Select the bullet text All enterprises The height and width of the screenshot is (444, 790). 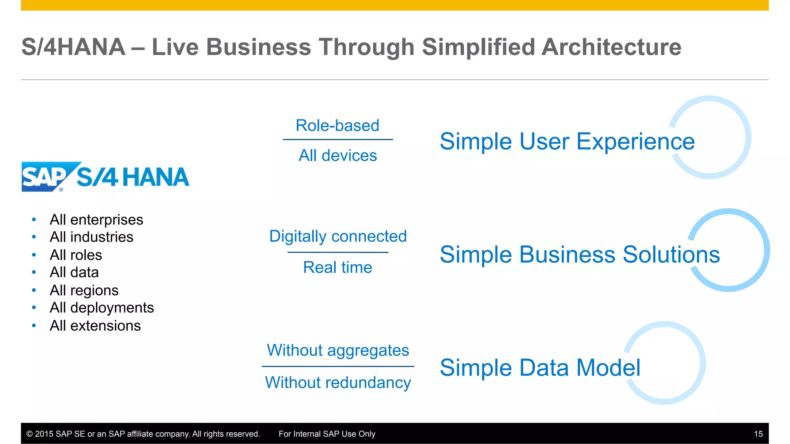click(96, 220)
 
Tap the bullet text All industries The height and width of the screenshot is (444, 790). click(91, 237)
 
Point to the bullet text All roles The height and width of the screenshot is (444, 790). click(76, 255)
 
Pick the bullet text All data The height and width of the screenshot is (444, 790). click(74, 272)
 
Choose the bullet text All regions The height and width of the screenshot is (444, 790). click(84, 290)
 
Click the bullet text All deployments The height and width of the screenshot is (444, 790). click(102, 308)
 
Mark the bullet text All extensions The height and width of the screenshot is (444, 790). click(95, 326)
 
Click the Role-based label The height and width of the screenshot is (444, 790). click(338, 126)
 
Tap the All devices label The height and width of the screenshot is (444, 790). click(338, 156)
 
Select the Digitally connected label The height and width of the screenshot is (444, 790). click(338, 236)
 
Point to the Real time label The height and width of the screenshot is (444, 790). click(338, 267)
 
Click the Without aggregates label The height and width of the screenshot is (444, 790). click(338, 350)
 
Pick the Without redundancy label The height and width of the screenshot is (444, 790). click(338, 383)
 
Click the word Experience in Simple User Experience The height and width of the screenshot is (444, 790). click(635, 141)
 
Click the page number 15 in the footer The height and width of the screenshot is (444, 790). click(758, 434)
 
